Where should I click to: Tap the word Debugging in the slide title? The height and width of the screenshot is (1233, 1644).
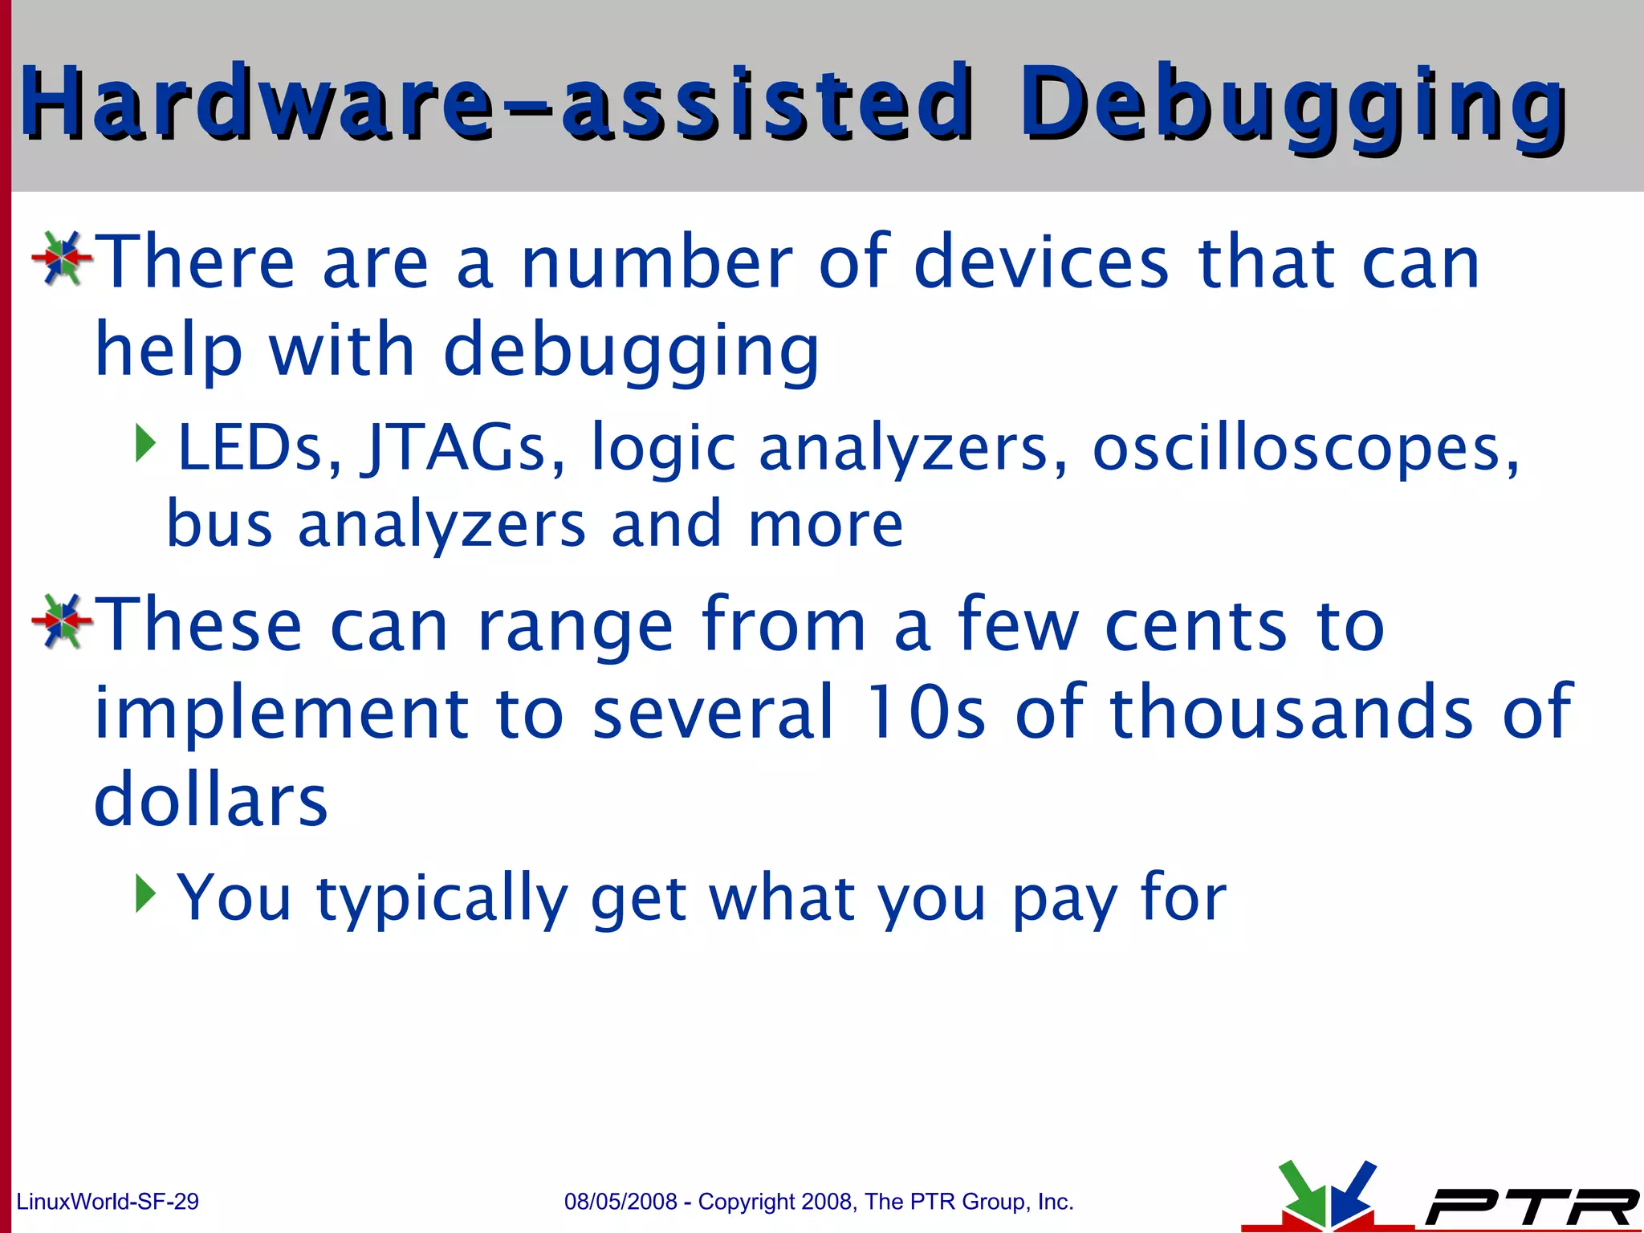tap(1292, 104)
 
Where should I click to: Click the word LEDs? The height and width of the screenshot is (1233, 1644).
tap(259, 448)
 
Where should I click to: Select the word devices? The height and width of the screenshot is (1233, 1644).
tap(1041, 262)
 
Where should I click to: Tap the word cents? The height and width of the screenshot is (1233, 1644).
tap(1196, 626)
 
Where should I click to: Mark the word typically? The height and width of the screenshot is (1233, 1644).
tap(442, 899)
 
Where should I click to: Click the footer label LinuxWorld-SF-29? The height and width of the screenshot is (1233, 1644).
tap(108, 1202)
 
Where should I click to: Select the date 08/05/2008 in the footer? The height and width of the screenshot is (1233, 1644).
tap(621, 1202)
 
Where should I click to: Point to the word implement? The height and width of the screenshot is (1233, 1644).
tap(281, 714)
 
